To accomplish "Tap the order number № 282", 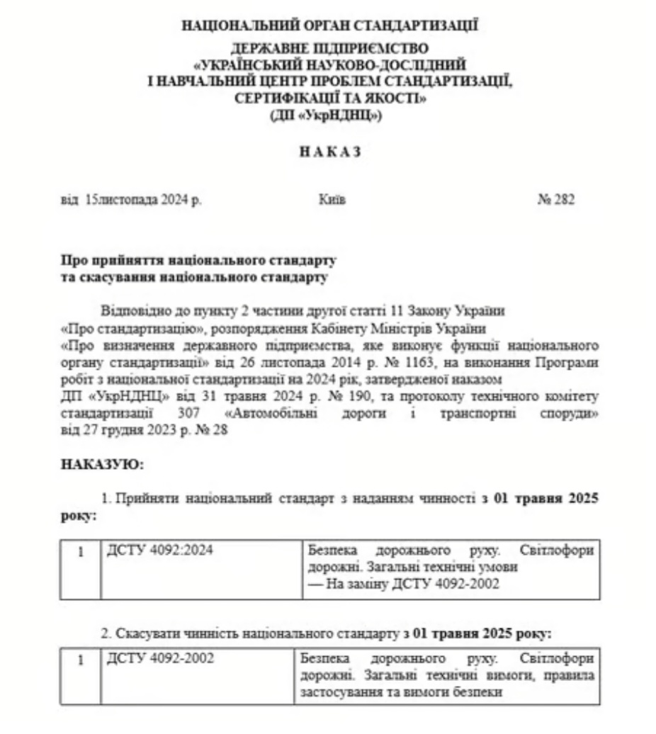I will (556, 200).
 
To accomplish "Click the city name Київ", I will (332, 200).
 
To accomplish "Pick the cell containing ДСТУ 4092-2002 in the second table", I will (159, 659).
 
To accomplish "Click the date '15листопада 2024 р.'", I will (142, 200).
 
